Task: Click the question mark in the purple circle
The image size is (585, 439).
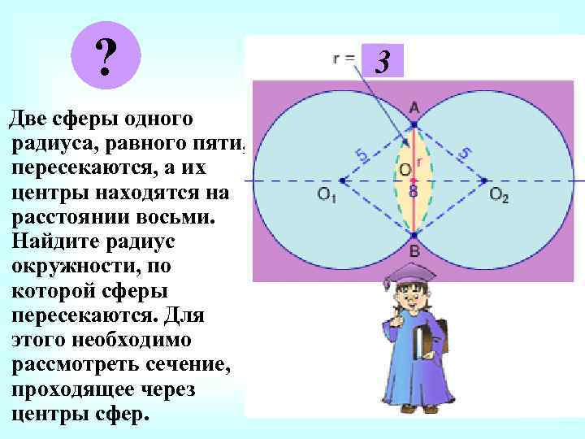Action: coord(105,57)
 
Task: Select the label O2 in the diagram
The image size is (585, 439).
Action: coord(499,196)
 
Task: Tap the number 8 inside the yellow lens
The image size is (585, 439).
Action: coord(414,192)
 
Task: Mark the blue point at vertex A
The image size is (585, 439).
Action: coord(414,124)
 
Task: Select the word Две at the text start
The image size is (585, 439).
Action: coord(28,120)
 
